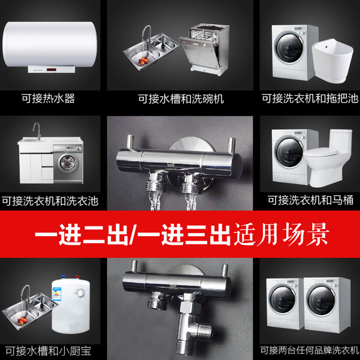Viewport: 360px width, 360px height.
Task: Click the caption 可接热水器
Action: pyautogui.click(x=48, y=98)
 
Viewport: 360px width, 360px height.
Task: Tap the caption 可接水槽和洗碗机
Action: pyautogui.click(x=181, y=99)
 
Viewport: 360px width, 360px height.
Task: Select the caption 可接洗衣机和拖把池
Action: pyautogui.click(x=310, y=98)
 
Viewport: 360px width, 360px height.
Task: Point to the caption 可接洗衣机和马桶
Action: pyautogui.click(x=310, y=200)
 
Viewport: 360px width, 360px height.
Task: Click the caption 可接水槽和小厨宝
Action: pyautogui.click(x=48, y=351)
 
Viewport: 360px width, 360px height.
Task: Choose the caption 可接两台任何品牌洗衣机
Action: pyautogui.click(x=310, y=350)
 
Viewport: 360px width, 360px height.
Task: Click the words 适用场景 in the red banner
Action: pyautogui.click(x=281, y=234)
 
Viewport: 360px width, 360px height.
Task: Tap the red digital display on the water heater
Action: pyautogui.click(x=51, y=69)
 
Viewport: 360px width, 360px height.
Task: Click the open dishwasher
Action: pyautogui.click(x=204, y=49)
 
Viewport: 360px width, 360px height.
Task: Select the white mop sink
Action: pyautogui.click(x=332, y=61)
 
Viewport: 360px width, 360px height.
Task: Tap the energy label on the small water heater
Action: pyautogui.click(x=57, y=293)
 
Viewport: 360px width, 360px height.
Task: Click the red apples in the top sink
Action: pyautogui.click(x=143, y=61)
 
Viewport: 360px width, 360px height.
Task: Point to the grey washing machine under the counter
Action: pyautogui.click(x=68, y=164)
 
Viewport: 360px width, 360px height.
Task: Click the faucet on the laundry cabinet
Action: pyautogui.click(x=37, y=131)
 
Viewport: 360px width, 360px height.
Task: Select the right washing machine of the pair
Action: pyautogui.click(x=327, y=305)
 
